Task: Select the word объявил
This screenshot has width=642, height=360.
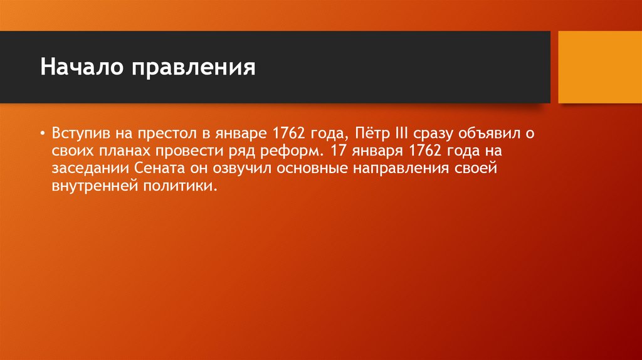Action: click(494, 134)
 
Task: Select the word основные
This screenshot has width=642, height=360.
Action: click(299, 169)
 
